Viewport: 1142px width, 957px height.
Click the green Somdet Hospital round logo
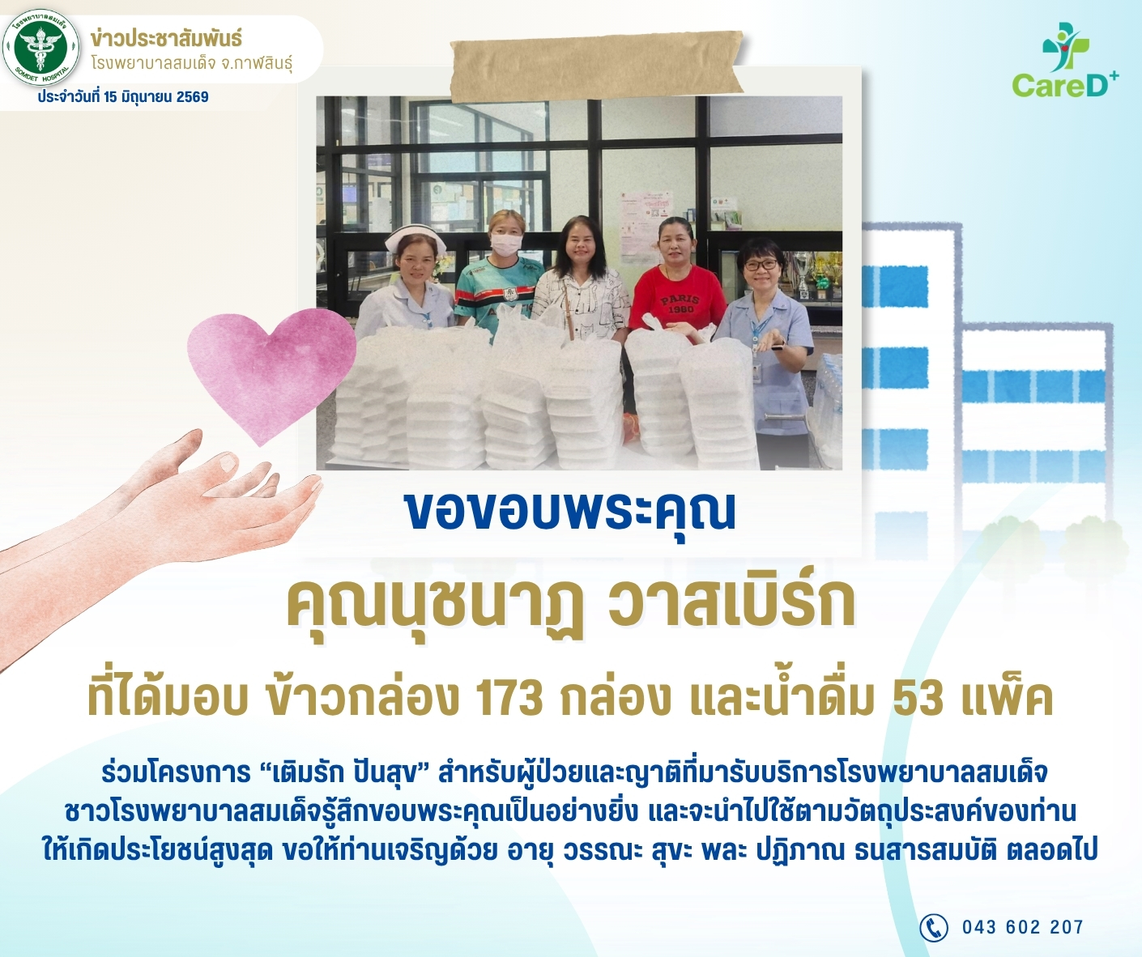point(41,49)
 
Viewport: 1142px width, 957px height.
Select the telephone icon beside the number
point(933,926)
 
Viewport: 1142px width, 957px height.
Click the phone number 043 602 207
point(1023,927)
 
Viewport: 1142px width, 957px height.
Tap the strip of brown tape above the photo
point(596,66)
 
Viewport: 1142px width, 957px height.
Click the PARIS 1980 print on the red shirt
point(680,304)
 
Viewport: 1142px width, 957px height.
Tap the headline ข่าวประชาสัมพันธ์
point(166,39)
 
